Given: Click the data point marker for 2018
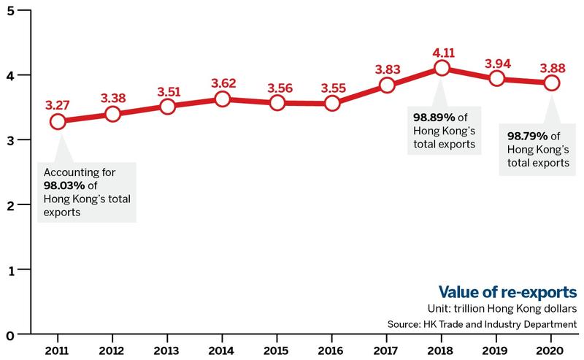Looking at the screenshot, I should [x=442, y=68].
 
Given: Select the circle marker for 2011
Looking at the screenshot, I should [x=58, y=121].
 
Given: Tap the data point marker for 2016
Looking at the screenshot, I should [x=332, y=103].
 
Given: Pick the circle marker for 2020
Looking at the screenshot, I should [x=551, y=83].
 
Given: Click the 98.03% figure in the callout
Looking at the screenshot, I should [x=64, y=185].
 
